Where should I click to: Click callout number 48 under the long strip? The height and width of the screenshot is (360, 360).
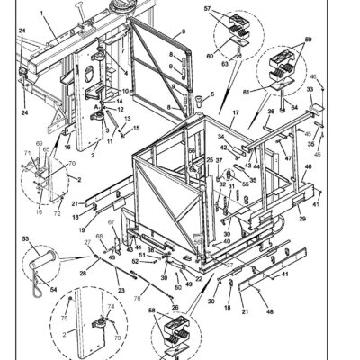270,311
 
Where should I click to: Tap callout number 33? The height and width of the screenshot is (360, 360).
310,90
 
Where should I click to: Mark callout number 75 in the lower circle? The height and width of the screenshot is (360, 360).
64,317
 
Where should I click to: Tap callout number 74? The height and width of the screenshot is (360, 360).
109,307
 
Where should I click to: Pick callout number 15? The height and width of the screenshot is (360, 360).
138,127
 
